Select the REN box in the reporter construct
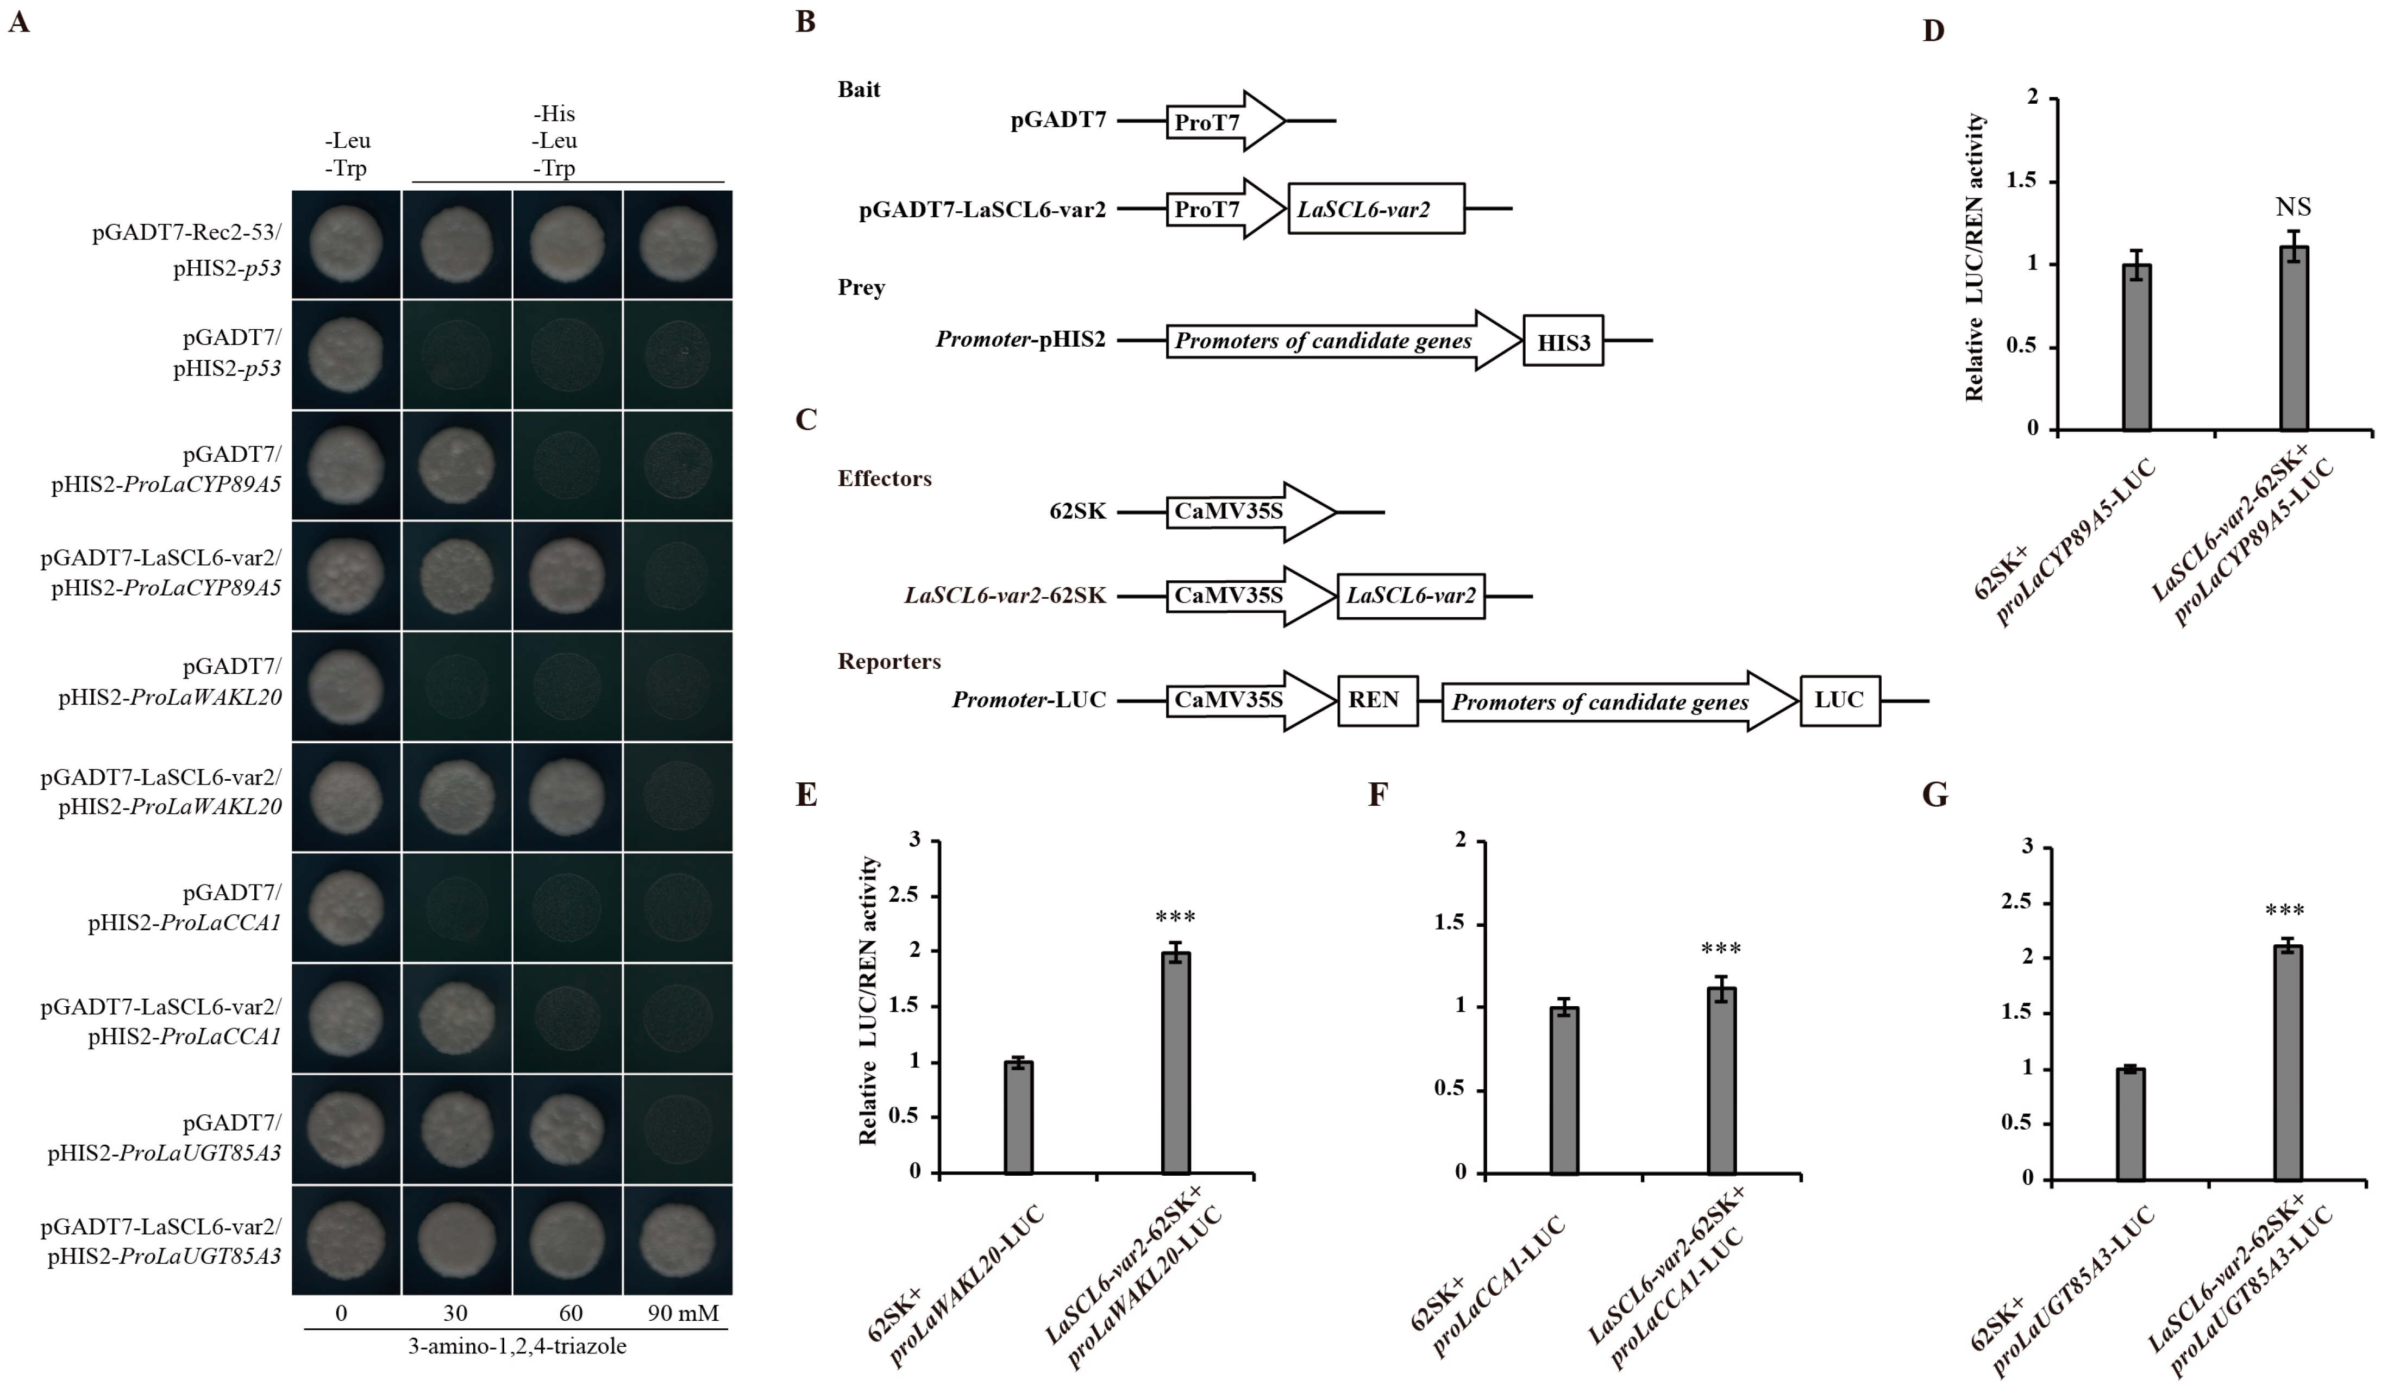1377,700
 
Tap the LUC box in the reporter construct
1839,700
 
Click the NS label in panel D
2293,207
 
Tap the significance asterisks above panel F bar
1721,949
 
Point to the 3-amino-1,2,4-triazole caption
517,1346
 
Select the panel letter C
806,419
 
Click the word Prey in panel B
861,287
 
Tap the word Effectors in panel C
885,479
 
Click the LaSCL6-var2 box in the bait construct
1376,209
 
